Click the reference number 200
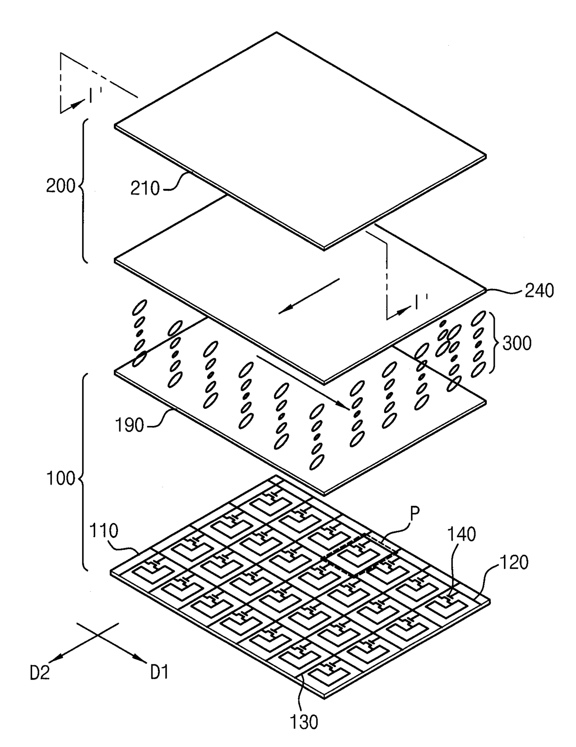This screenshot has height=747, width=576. (60, 186)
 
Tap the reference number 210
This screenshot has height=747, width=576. (145, 188)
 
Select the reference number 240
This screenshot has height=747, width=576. (539, 291)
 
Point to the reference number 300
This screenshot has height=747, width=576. (517, 343)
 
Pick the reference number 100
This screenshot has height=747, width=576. (61, 478)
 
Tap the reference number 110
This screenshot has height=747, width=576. (104, 531)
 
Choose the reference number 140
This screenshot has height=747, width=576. (462, 535)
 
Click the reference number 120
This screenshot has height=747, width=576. (514, 563)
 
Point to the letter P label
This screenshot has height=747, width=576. (414, 513)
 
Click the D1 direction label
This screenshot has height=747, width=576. (159, 672)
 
